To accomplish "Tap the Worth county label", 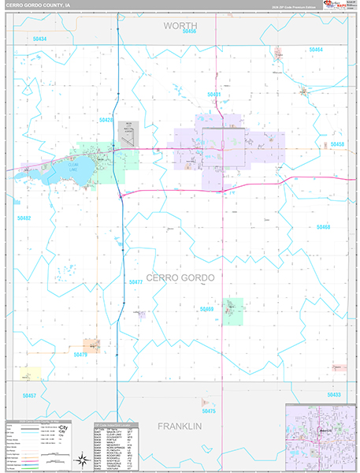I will click(180, 26).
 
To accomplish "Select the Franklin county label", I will click(180, 426).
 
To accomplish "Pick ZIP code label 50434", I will click(40, 39).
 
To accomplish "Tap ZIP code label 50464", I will click(316, 50).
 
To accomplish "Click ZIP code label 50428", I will click(106, 120).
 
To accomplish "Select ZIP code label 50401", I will click(214, 95).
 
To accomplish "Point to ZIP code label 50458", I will click(337, 144).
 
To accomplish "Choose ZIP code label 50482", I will click(24, 218).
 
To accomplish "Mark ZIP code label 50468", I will click(323, 227).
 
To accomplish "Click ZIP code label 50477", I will click(135, 281).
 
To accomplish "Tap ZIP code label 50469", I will click(207, 309).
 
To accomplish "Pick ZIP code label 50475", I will click(209, 411).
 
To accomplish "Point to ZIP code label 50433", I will click(334, 394).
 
